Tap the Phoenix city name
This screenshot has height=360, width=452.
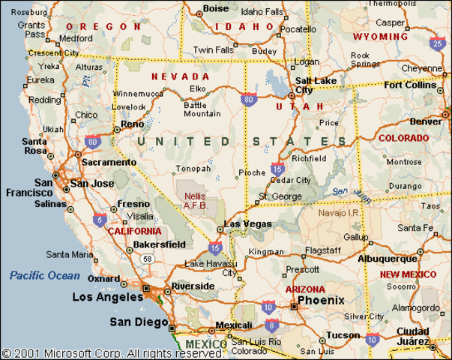click(x=320, y=300)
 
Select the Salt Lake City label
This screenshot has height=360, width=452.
click(x=314, y=85)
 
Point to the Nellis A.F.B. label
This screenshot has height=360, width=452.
click(x=196, y=201)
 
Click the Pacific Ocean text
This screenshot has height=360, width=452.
click(x=44, y=275)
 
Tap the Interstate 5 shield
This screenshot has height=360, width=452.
click(x=99, y=220)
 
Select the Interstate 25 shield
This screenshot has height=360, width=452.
click(x=437, y=44)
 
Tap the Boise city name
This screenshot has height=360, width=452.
click(x=216, y=9)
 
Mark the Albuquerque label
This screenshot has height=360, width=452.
click(x=388, y=258)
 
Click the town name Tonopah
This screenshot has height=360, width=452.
click(x=188, y=169)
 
